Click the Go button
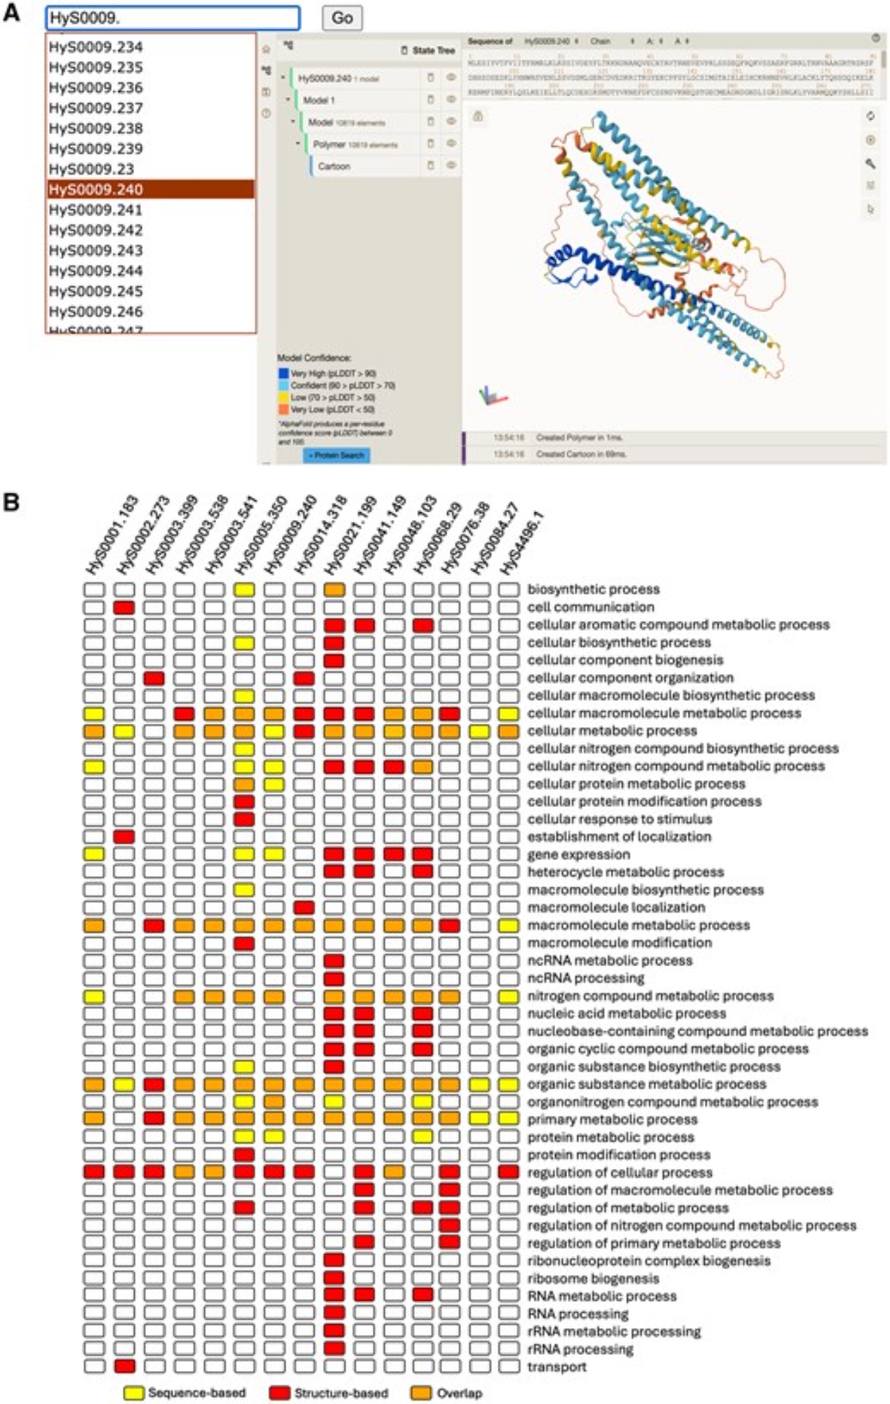tap(342, 18)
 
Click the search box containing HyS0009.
tap(173, 18)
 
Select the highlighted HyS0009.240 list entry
tap(150, 189)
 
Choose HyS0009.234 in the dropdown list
tap(96, 47)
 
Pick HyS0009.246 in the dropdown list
tap(96, 311)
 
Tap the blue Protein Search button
tap(337, 456)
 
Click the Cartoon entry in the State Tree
tap(333, 166)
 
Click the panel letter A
tap(11, 13)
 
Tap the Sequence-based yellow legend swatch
tap(133, 1393)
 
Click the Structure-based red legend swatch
tap(279, 1393)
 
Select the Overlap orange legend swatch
tap(421, 1393)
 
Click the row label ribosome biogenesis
tap(593, 1278)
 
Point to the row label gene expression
tap(578, 854)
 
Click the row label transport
tap(557, 1367)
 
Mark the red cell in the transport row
tap(124, 1366)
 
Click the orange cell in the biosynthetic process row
tap(334, 590)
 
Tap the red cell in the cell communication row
tap(124, 607)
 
